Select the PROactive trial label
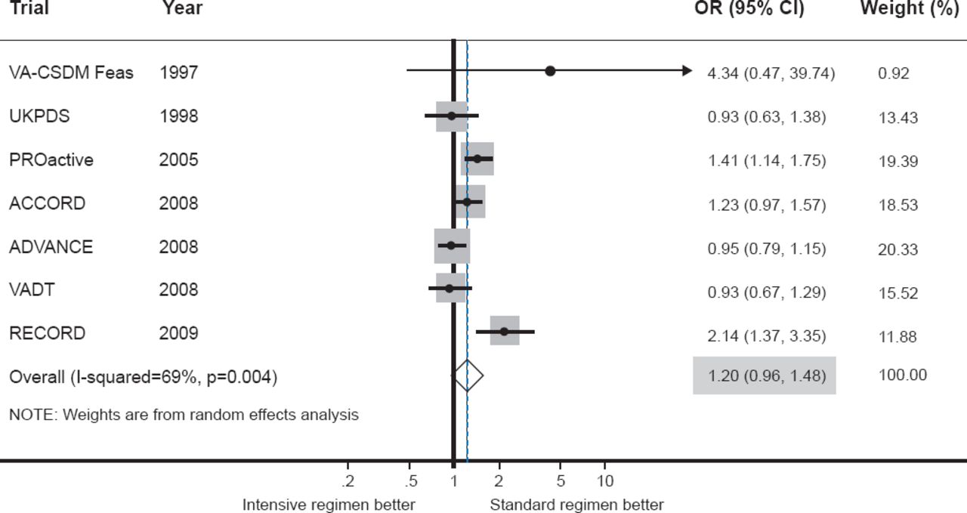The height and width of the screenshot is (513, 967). [51, 160]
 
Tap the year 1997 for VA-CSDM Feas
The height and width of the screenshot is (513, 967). [179, 73]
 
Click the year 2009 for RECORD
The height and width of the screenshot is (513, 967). [179, 333]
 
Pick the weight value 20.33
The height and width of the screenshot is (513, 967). [898, 249]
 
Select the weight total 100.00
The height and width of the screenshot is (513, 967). [903, 375]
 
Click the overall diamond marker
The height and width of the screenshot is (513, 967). [468, 375]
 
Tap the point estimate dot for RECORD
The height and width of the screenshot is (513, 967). [504, 332]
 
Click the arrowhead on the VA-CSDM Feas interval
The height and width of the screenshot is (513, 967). [687, 71]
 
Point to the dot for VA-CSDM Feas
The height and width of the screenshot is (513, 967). [550, 71]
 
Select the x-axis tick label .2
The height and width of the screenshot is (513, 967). [348, 481]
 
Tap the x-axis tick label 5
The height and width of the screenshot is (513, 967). [560, 481]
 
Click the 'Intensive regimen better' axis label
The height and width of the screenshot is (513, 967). [329, 505]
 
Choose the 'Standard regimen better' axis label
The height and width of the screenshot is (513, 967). [577, 505]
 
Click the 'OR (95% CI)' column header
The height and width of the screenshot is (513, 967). [749, 9]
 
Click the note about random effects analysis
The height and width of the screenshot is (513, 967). [184, 414]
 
